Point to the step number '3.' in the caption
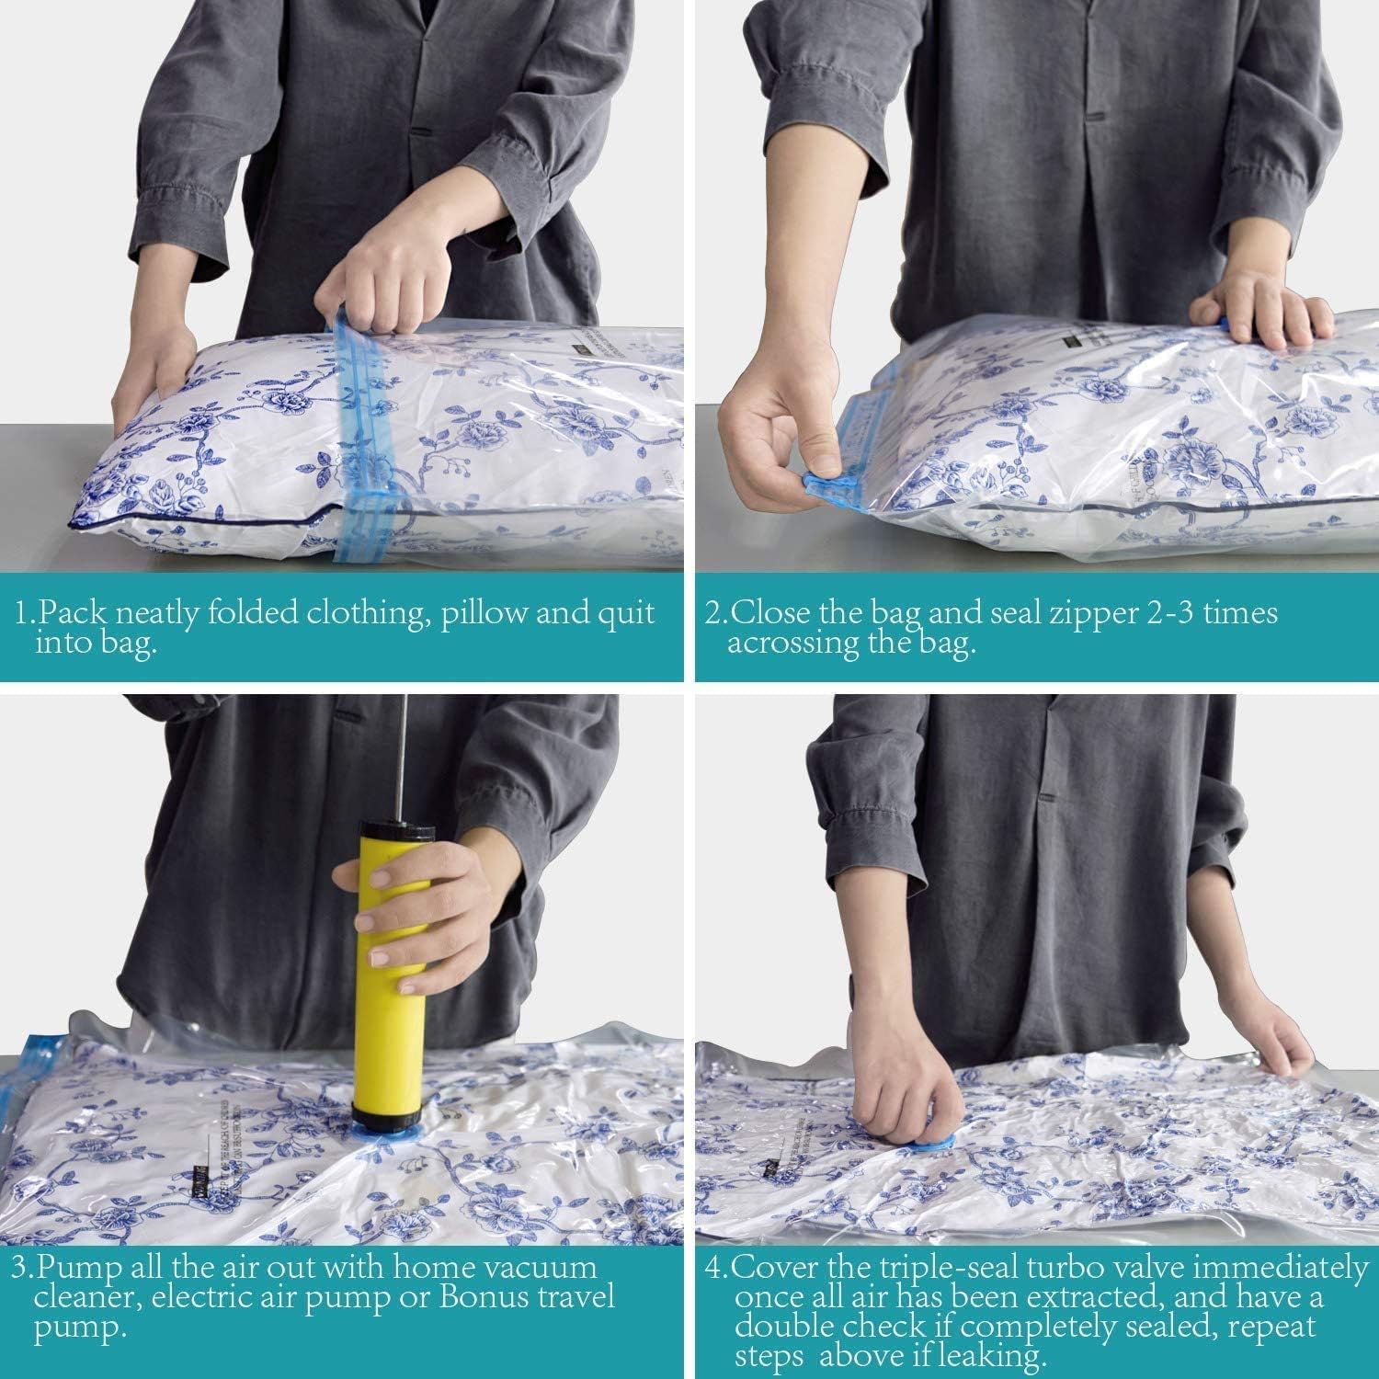[22, 1268]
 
